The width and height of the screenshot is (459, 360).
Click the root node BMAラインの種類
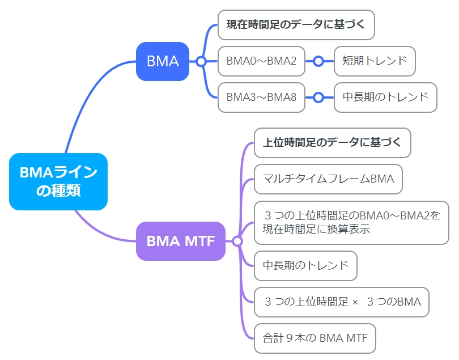pos(58,181)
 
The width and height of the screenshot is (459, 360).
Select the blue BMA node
pos(163,61)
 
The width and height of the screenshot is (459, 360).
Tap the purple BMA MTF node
pos(181,241)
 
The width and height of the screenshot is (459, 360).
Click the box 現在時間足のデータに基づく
pos(296,25)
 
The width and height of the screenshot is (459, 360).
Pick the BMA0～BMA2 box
pos(261,61)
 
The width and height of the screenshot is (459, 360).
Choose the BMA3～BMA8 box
pos(261,98)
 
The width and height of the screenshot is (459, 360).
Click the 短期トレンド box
pos(375,61)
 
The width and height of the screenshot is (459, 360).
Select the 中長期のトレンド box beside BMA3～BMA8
pos(385,98)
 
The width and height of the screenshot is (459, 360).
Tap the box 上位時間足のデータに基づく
pos(333,143)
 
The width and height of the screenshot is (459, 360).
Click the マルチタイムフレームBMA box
pos(328,179)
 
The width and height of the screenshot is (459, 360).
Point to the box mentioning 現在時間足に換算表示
pos(351,223)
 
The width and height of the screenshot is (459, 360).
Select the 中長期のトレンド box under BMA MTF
pos(305,266)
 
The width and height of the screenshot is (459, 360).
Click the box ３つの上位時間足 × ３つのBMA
pos(342,302)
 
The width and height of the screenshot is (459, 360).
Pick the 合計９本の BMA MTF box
pos(315,338)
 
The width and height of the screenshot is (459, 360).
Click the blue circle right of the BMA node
pos(201,62)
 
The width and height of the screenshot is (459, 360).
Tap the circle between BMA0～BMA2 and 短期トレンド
pos(318,62)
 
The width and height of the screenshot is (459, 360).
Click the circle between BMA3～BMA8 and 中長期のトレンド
pos(318,98)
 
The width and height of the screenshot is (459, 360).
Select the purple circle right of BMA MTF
pos(237,242)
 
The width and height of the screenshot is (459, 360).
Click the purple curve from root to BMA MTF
pos(100,232)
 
